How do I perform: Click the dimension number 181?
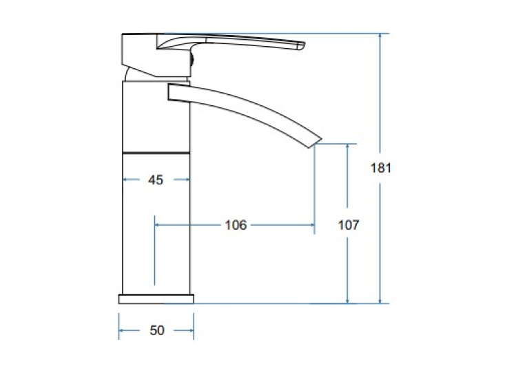(381, 168)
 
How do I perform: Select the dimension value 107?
(349, 225)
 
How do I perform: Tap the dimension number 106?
(236, 225)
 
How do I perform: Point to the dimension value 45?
(156, 180)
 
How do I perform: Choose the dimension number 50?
(157, 330)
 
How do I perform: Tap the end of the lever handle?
(304, 46)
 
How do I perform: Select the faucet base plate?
(156, 299)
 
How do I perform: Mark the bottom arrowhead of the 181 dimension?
(380, 301)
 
